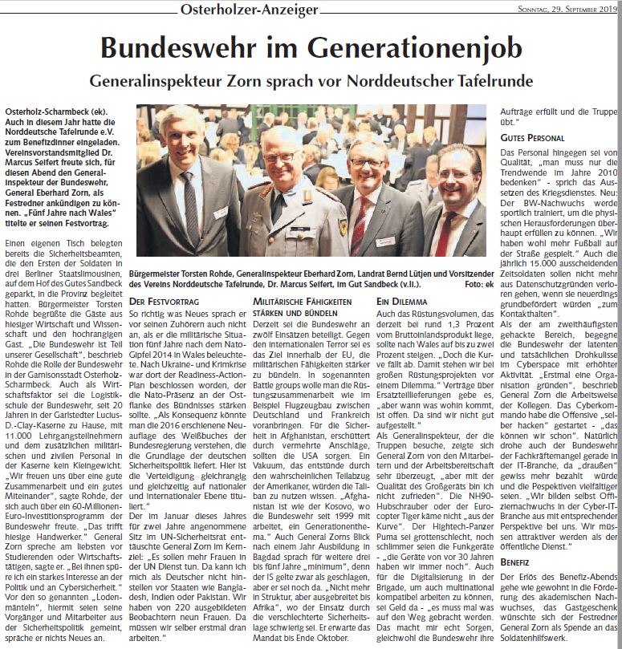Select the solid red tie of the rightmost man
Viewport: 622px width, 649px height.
[444, 233]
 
